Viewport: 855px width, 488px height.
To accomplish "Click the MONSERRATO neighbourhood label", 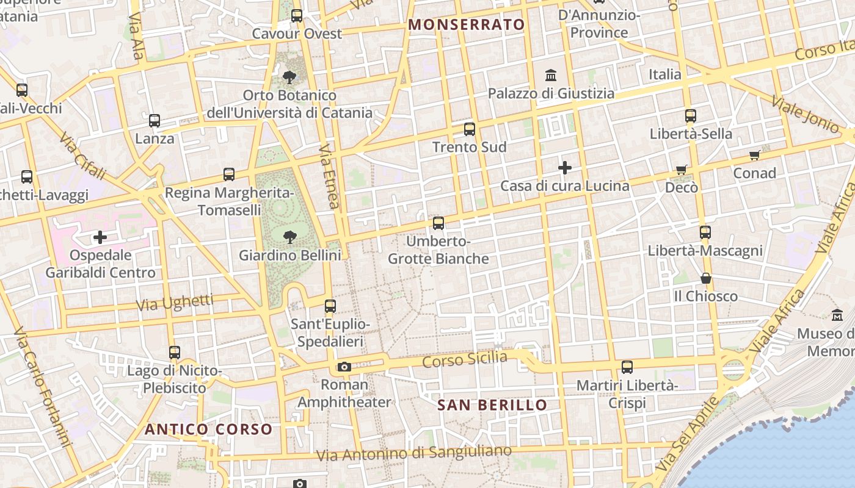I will tap(467, 24).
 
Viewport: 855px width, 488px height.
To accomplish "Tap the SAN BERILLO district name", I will tap(492, 405).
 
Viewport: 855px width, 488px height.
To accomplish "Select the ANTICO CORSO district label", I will tap(208, 429).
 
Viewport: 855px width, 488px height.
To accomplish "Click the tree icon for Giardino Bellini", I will tap(289, 236).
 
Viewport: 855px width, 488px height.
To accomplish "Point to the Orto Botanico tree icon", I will tap(289, 77).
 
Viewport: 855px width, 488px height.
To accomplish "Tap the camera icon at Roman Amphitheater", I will tap(344, 367).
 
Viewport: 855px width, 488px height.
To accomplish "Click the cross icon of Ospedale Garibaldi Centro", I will tap(100, 237).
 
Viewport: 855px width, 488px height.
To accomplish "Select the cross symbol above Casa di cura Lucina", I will tap(565, 167).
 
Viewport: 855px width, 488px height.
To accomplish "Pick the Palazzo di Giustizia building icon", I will tap(551, 76).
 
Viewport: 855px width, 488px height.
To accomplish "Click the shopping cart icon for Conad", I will tap(755, 155).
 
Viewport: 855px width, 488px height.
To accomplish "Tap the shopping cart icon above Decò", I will tap(682, 170).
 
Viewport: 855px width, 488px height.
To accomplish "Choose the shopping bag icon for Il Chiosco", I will tap(706, 278).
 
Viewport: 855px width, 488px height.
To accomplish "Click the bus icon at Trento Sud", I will tap(469, 129).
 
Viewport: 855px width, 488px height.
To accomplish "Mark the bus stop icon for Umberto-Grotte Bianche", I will tap(438, 223).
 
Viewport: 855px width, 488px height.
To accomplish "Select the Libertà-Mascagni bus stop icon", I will tap(705, 232).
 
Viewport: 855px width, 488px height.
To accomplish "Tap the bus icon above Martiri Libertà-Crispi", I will tap(627, 367).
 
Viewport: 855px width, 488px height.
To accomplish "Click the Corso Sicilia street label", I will tap(465, 359).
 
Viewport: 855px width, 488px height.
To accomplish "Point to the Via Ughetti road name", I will tap(175, 302).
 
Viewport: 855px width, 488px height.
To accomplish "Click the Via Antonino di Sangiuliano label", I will tap(414, 454).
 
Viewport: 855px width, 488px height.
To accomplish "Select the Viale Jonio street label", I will tap(805, 114).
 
